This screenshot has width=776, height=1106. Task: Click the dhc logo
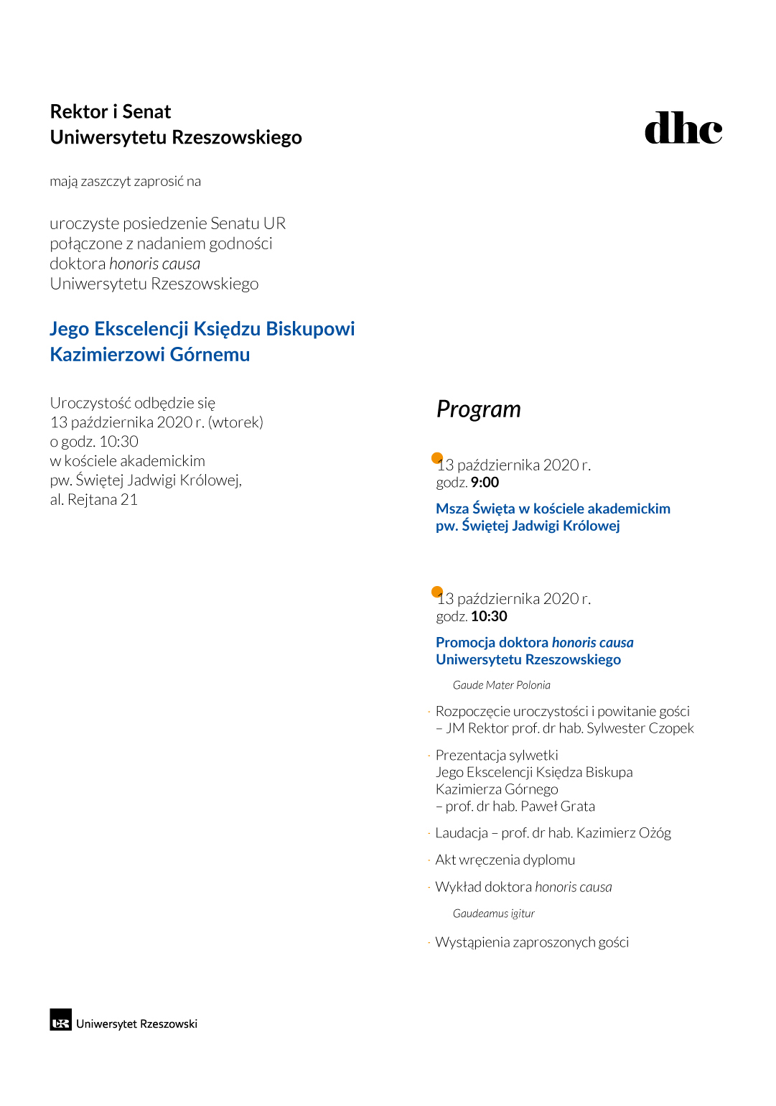(683, 129)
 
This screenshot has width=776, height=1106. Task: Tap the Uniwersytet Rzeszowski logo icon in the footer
(60, 1020)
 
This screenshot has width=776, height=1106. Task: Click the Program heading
(478, 409)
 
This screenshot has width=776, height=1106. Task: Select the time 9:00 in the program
(485, 483)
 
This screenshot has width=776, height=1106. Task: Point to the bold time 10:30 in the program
(489, 616)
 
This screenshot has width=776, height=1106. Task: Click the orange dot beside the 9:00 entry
(436, 458)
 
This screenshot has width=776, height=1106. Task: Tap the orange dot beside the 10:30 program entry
(436, 592)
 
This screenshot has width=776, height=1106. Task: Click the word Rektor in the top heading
(79, 112)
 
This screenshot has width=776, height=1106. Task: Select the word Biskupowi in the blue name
(310, 329)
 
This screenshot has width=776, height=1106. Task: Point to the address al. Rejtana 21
(93, 500)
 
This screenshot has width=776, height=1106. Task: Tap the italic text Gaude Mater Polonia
(501, 685)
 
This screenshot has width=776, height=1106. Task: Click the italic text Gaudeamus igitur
(493, 914)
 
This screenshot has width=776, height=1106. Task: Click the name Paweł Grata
(557, 807)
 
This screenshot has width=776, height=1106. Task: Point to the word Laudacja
(462, 833)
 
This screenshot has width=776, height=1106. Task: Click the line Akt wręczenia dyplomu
(505, 860)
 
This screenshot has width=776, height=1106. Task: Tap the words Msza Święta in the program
(475, 509)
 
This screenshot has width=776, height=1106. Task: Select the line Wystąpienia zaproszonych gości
(532, 942)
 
